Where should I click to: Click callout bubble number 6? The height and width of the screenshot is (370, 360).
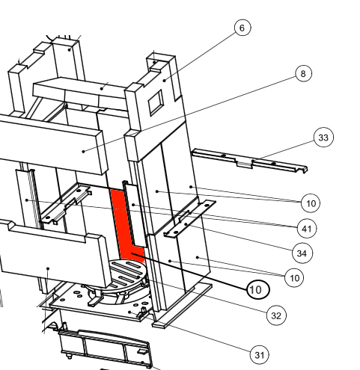(x=242, y=28)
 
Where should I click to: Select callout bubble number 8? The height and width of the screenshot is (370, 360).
(x=303, y=73)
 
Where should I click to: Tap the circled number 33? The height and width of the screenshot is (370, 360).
(x=323, y=138)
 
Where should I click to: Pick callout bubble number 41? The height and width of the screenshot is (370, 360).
(x=307, y=229)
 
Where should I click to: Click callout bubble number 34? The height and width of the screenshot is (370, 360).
(x=302, y=253)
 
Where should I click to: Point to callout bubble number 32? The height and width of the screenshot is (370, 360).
(x=276, y=315)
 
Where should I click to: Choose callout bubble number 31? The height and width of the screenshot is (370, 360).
(x=260, y=355)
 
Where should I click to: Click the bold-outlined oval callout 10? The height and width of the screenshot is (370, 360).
(x=258, y=289)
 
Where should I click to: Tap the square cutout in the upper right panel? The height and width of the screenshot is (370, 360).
(x=156, y=102)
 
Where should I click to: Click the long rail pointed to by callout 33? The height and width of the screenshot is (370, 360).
(x=249, y=161)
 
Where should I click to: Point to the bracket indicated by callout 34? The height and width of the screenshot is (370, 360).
(x=189, y=219)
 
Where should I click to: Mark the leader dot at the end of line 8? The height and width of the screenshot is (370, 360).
(x=84, y=151)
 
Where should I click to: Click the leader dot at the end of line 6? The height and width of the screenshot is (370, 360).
(x=165, y=80)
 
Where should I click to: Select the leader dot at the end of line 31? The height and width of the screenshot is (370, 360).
(x=129, y=312)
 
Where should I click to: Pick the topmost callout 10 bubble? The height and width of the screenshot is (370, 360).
(x=311, y=203)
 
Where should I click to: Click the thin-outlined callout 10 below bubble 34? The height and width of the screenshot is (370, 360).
(x=294, y=277)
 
